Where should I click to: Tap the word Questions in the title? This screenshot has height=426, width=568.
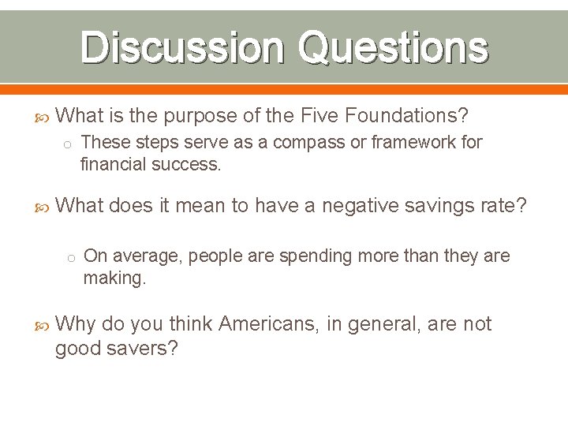[x=392, y=47]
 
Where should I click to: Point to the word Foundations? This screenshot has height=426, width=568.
[x=384, y=116]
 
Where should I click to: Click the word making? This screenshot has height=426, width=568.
[x=114, y=278]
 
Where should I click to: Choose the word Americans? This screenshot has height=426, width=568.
[x=267, y=324]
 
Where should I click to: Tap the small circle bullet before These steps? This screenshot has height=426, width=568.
[x=69, y=144]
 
